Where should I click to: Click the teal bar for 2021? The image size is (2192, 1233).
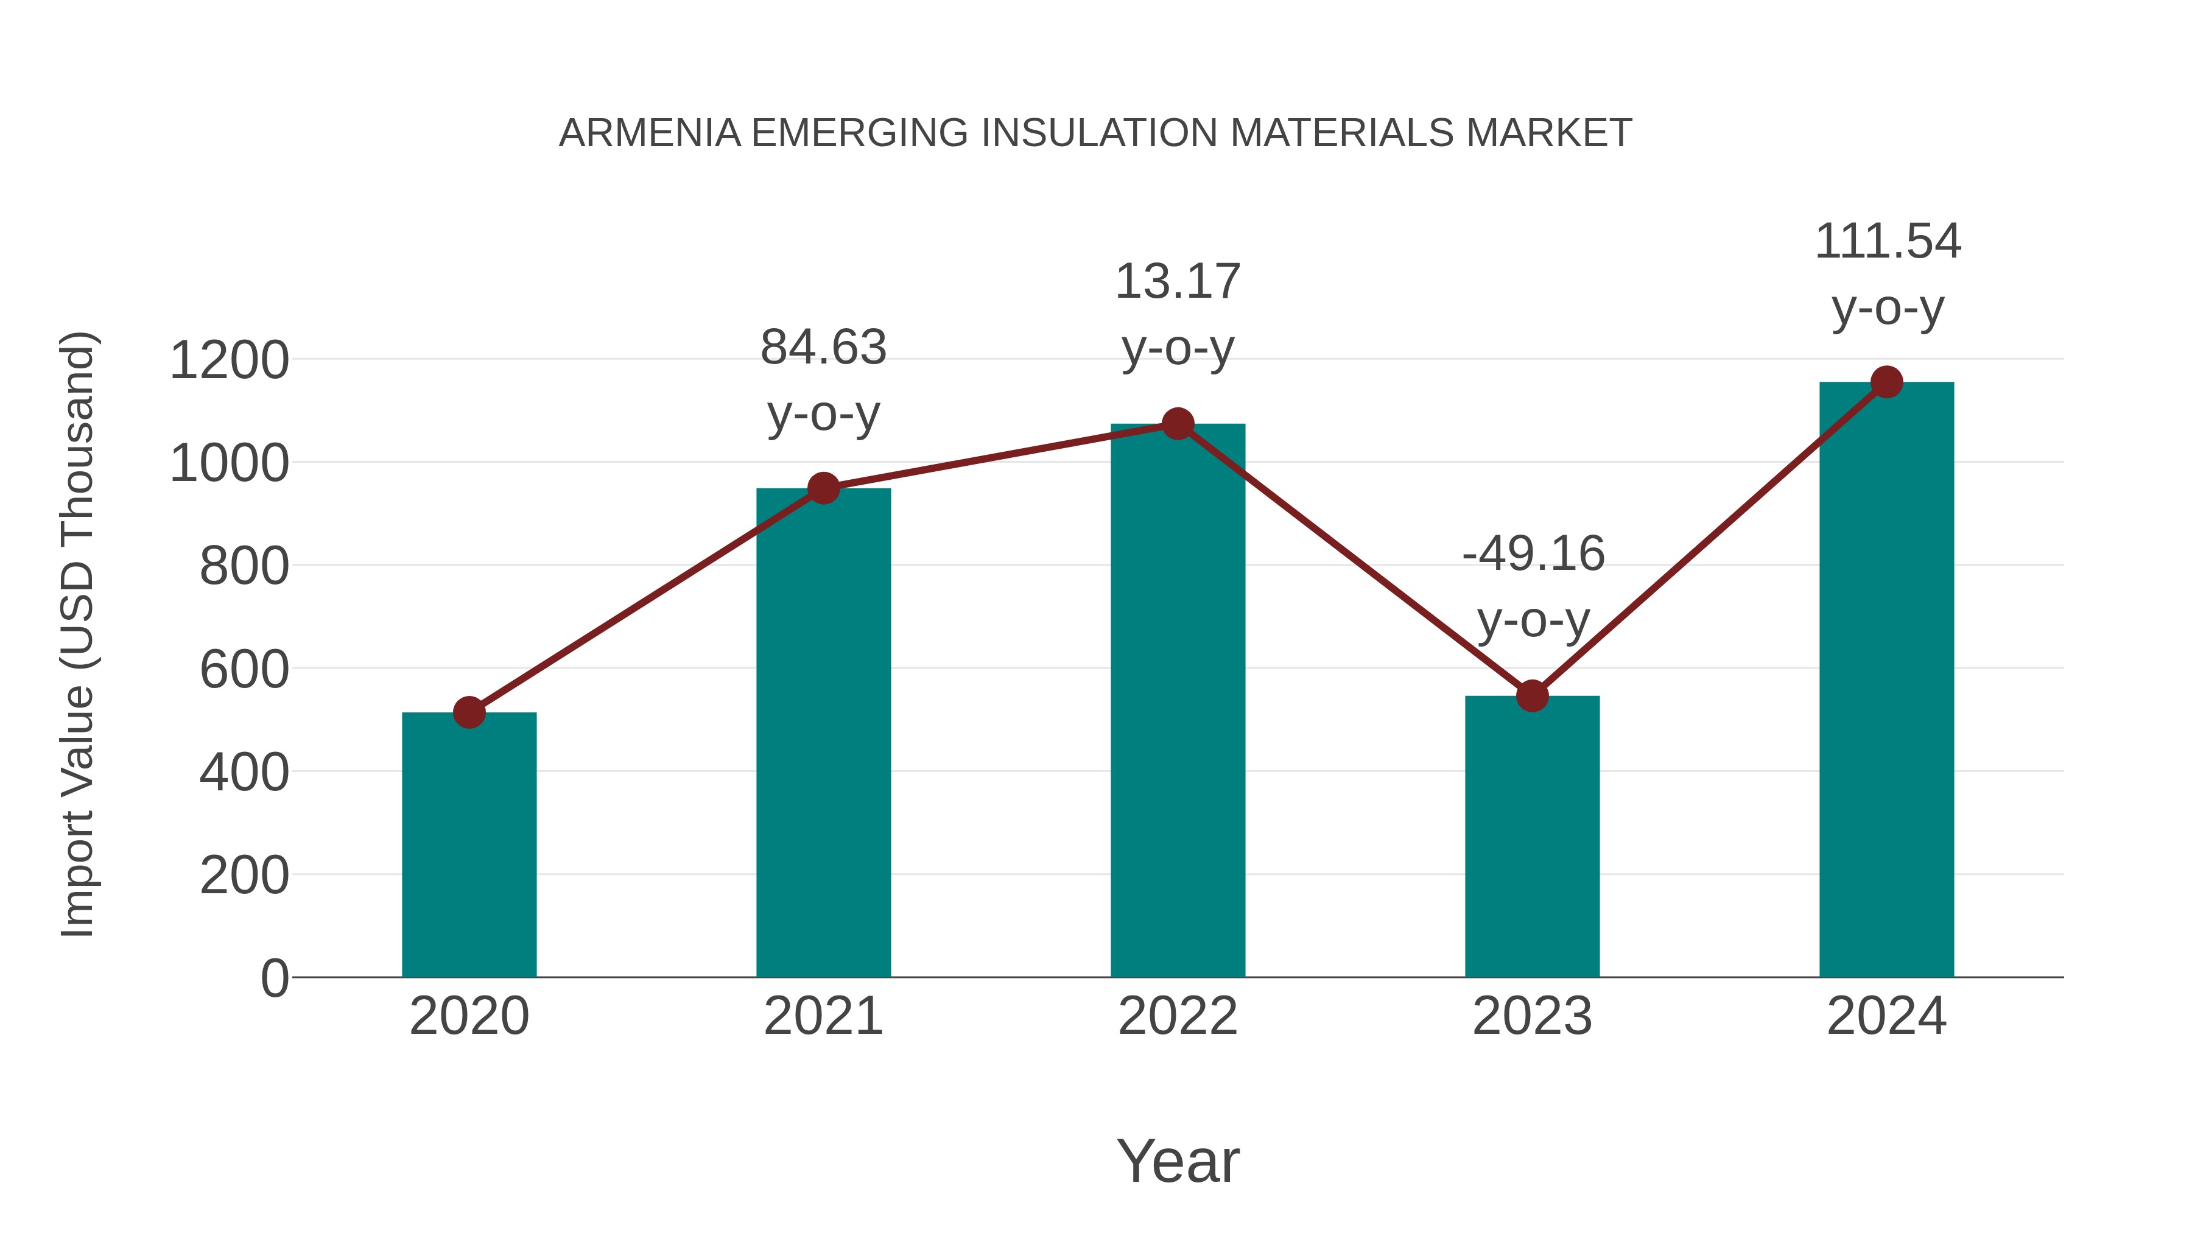823,732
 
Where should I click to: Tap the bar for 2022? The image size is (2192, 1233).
1178,700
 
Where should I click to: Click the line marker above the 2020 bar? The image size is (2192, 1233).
469,712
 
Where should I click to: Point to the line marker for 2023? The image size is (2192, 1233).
1532,696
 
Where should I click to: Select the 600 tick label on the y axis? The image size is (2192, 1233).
244,670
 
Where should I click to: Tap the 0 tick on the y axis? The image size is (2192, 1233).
274,978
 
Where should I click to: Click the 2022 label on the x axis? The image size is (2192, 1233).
1178,1016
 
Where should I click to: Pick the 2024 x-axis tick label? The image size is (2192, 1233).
1886,1016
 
